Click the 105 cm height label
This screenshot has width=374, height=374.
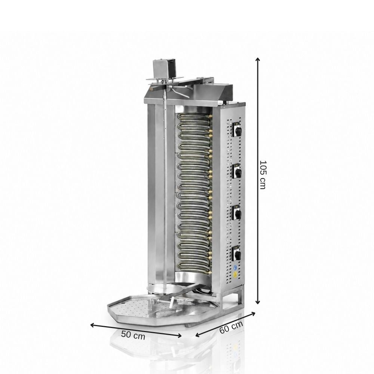point(263,175)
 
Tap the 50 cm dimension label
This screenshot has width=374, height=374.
point(133,335)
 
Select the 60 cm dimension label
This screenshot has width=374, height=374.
point(231,327)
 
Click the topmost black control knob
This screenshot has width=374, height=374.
point(237,130)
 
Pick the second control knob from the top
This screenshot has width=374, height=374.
point(237,172)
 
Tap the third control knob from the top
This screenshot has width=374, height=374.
point(237,213)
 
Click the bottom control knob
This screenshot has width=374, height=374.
point(237,254)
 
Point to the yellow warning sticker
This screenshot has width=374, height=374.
point(235,274)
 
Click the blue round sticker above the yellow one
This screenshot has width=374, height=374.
point(235,267)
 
